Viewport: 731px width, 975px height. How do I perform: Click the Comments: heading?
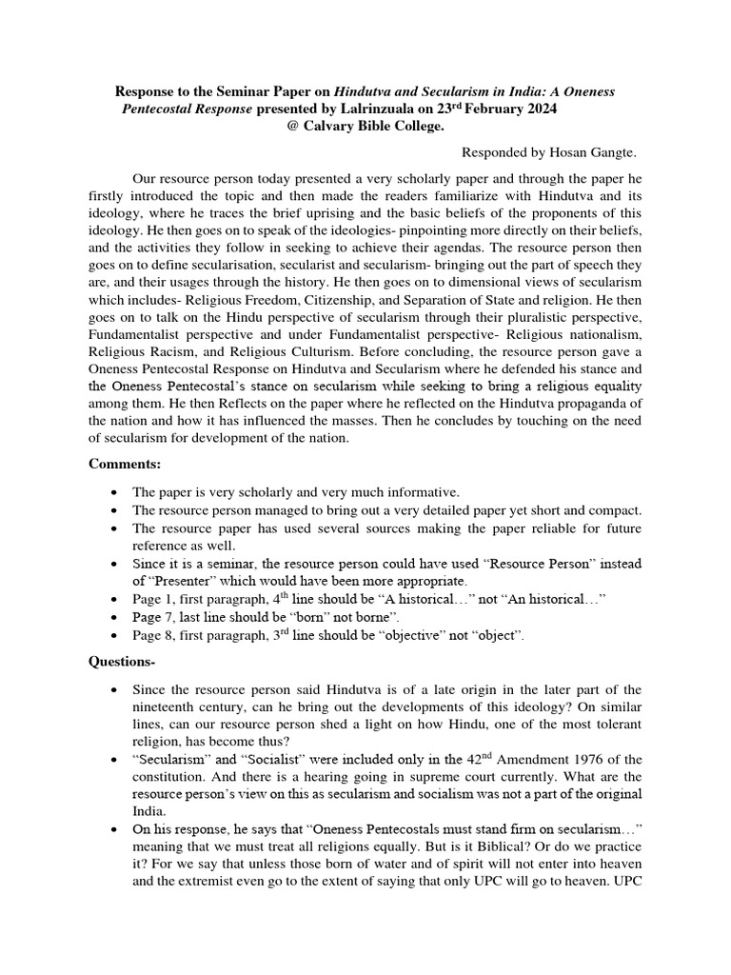(126, 464)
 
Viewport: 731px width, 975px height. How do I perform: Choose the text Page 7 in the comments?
(150, 616)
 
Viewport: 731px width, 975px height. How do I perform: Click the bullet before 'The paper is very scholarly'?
(114, 491)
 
